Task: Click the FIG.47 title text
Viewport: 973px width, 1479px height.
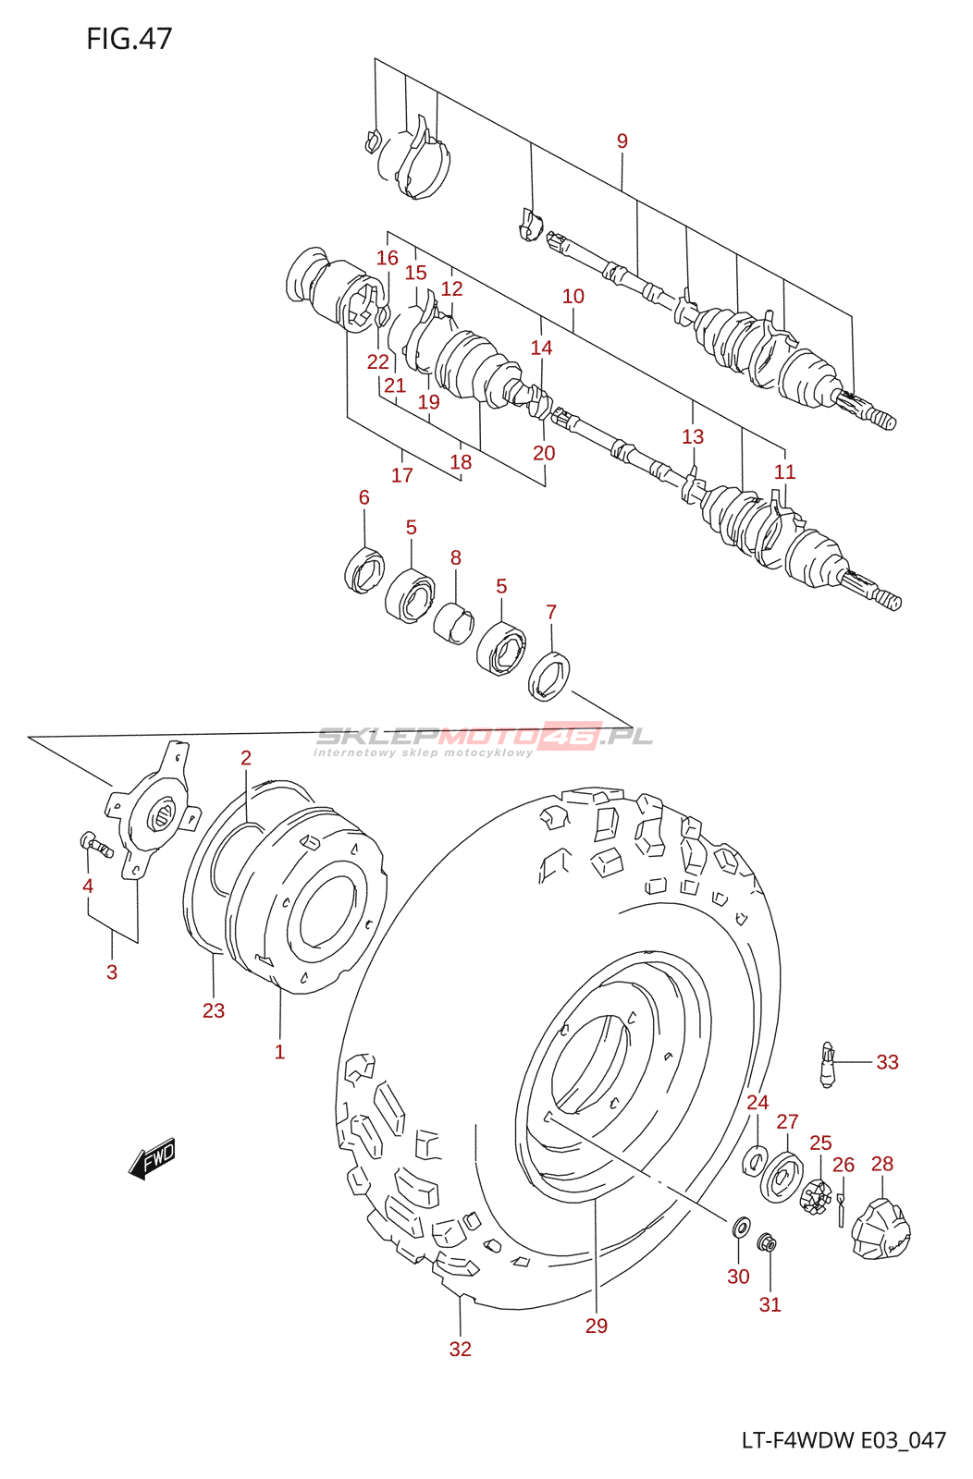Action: tap(129, 39)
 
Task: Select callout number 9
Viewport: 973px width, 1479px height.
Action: tap(622, 141)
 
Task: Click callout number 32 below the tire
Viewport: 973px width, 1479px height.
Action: tap(460, 1349)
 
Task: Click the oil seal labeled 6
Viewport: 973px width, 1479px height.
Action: tap(364, 569)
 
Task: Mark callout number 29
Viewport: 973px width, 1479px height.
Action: tap(596, 1326)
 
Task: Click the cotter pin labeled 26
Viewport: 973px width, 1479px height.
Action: tap(841, 1210)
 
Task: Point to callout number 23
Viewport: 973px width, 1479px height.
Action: tap(214, 1010)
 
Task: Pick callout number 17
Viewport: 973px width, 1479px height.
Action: tap(401, 475)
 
